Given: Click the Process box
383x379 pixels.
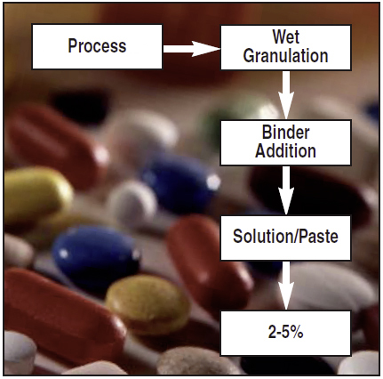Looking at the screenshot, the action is [x=97, y=47].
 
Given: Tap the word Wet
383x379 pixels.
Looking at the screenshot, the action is [x=286, y=36].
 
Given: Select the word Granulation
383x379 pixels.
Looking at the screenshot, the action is [x=286, y=56].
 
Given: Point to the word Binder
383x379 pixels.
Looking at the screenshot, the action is [x=286, y=133].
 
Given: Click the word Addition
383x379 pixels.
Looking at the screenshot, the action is [x=286, y=151].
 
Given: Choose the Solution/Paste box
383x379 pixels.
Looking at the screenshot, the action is [x=286, y=238].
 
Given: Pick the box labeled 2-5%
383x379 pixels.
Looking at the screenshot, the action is [x=286, y=333].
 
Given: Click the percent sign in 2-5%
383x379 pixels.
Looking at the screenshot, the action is [x=297, y=333].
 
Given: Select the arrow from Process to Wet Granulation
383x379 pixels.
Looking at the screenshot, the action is [x=192, y=49].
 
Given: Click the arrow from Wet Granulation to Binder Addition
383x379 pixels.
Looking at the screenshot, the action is [x=286, y=95].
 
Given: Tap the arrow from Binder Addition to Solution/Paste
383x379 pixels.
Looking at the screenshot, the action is [x=286, y=190].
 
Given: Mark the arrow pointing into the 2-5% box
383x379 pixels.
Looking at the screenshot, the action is [x=286, y=286].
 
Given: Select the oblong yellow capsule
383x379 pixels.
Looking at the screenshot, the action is [x=36, y=196].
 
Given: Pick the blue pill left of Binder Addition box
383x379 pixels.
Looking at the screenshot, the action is [x=180, y=181].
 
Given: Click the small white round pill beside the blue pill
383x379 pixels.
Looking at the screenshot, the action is [x=132, y=202].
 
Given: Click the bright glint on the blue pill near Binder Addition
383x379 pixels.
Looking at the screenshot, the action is [x=213, y=181].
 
